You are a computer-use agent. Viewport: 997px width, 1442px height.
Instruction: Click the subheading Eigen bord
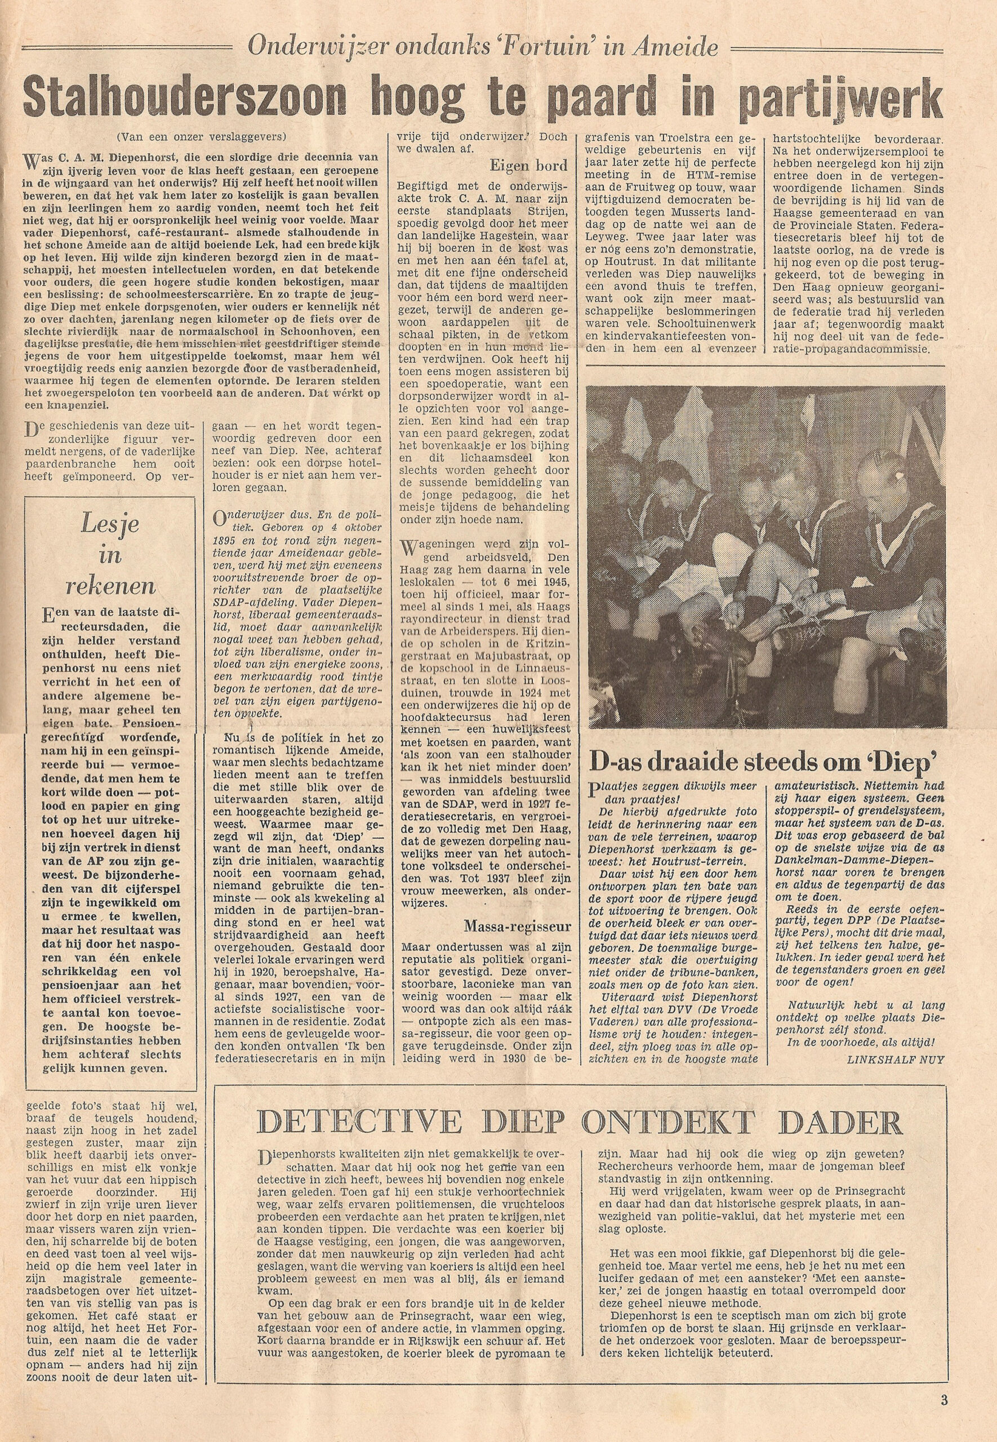point(528,166)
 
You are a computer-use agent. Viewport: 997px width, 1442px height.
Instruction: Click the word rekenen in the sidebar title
point(109,586)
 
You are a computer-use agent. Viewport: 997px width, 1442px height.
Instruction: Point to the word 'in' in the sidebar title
point(109,555)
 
